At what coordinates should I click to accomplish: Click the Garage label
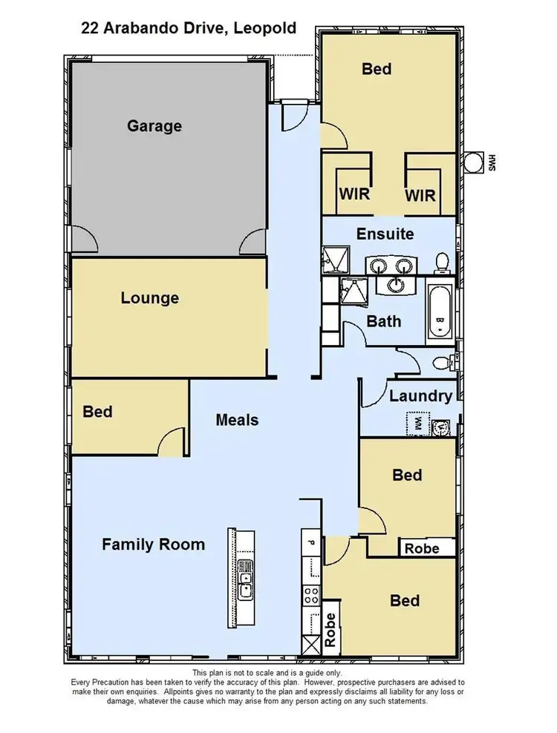[154, 125]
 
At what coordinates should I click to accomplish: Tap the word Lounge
[150, 298]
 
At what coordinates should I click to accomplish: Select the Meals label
[237, 420]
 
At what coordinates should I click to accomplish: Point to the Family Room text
[153, 545]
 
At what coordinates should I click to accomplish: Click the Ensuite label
[385, 234]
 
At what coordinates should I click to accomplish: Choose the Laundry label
[420, 396]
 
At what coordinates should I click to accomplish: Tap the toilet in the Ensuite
[442, 262]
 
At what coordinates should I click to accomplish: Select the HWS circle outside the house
[472, 162]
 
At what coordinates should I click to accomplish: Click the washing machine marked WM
[417, 425]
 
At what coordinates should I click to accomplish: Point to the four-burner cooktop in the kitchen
[310, 594]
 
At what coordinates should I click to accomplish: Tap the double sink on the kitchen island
[245, 579]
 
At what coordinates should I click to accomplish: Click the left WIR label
[355, 194]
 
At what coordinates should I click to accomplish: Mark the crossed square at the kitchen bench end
[308, 645]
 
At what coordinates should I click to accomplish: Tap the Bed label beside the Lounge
[97, 411]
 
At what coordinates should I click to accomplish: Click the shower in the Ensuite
[331, 260]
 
